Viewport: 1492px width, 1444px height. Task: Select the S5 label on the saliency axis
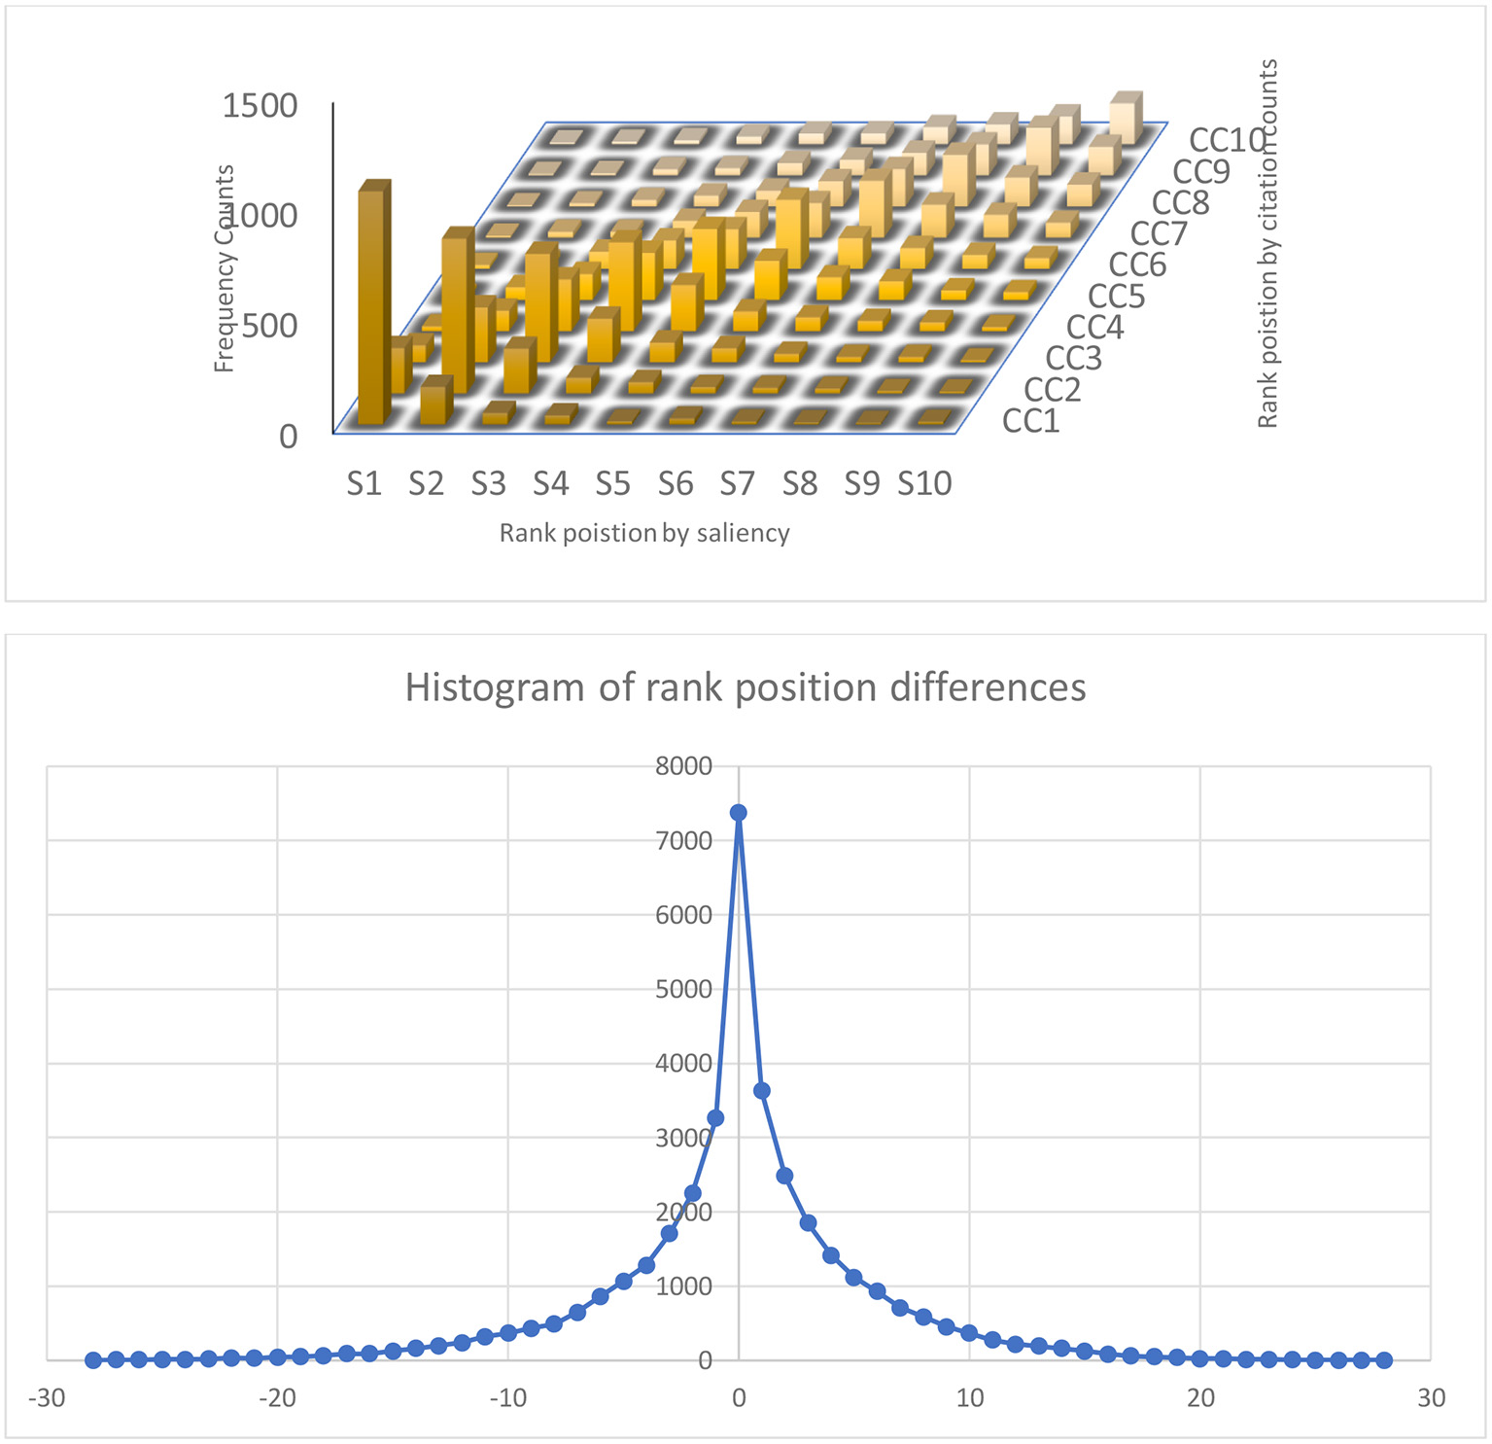612,483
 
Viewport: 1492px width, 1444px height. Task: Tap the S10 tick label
924,483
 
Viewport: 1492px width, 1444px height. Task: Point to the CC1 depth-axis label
1030,421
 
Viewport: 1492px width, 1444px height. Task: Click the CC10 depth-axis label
1227,140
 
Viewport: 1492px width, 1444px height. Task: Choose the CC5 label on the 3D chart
1116,296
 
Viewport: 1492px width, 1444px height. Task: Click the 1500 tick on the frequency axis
260,105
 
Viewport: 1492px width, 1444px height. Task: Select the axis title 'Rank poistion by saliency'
643,533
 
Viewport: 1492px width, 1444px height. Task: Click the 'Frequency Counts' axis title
225,268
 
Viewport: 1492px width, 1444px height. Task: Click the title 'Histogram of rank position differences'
746,687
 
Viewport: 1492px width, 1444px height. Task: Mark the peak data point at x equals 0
739,812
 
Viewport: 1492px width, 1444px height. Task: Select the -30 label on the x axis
47,1398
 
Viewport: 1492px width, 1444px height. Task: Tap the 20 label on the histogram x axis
1200,1398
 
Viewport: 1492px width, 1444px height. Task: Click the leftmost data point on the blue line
93,1359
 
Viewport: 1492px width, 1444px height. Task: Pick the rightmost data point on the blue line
1384,1359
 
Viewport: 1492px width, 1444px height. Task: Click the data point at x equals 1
762,1091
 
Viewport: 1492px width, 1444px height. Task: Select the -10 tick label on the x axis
507,1398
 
